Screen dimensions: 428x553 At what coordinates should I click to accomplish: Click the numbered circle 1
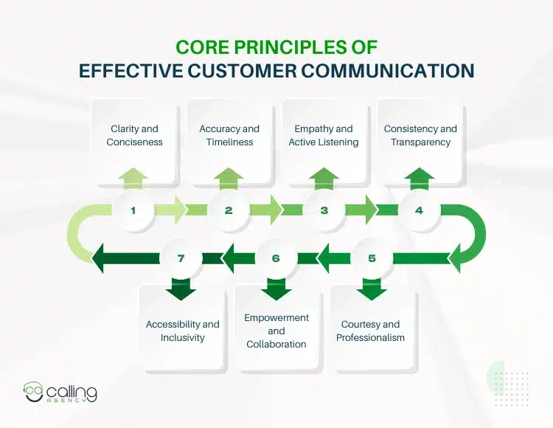pyautogui.click(x=133, y=210)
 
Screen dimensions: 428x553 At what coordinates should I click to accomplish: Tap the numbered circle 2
pyautogui.click(x=229, y=210)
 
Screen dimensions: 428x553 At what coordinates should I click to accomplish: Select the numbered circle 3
pyautogui.click(x=324, y=210)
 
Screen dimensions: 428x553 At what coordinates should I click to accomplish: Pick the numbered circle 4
pyautogui.click(x=420, y=210)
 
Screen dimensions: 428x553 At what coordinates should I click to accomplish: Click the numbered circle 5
pyautogui.click(x=372, y=258)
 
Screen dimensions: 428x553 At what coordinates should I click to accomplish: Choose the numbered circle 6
pyautogui.click(x=276, y=258)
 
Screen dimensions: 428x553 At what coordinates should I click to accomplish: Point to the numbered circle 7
pyautogui.click(x=181, y=258)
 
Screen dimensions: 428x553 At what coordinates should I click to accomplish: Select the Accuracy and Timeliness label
pyautogui.click(x=229, y=135)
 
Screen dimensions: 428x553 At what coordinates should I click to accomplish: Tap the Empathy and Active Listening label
pyautogui.click(x=324, y=135)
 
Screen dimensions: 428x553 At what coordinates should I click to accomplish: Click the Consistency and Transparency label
pyautogui.click(x=420, y=135)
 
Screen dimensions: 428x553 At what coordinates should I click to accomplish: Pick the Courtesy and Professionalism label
pyautogui.click(x=371, y=331)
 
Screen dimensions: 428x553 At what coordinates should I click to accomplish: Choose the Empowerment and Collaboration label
pyautogui.click(x=276, y=331)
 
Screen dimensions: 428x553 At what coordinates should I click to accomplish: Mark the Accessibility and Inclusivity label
pyautogui.click(x=182, y=331)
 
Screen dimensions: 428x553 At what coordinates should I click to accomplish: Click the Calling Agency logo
pyautogui.click(x=60, y=392)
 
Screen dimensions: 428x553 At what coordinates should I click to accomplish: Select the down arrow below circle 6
pyautogui.click(x=276, y=289)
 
